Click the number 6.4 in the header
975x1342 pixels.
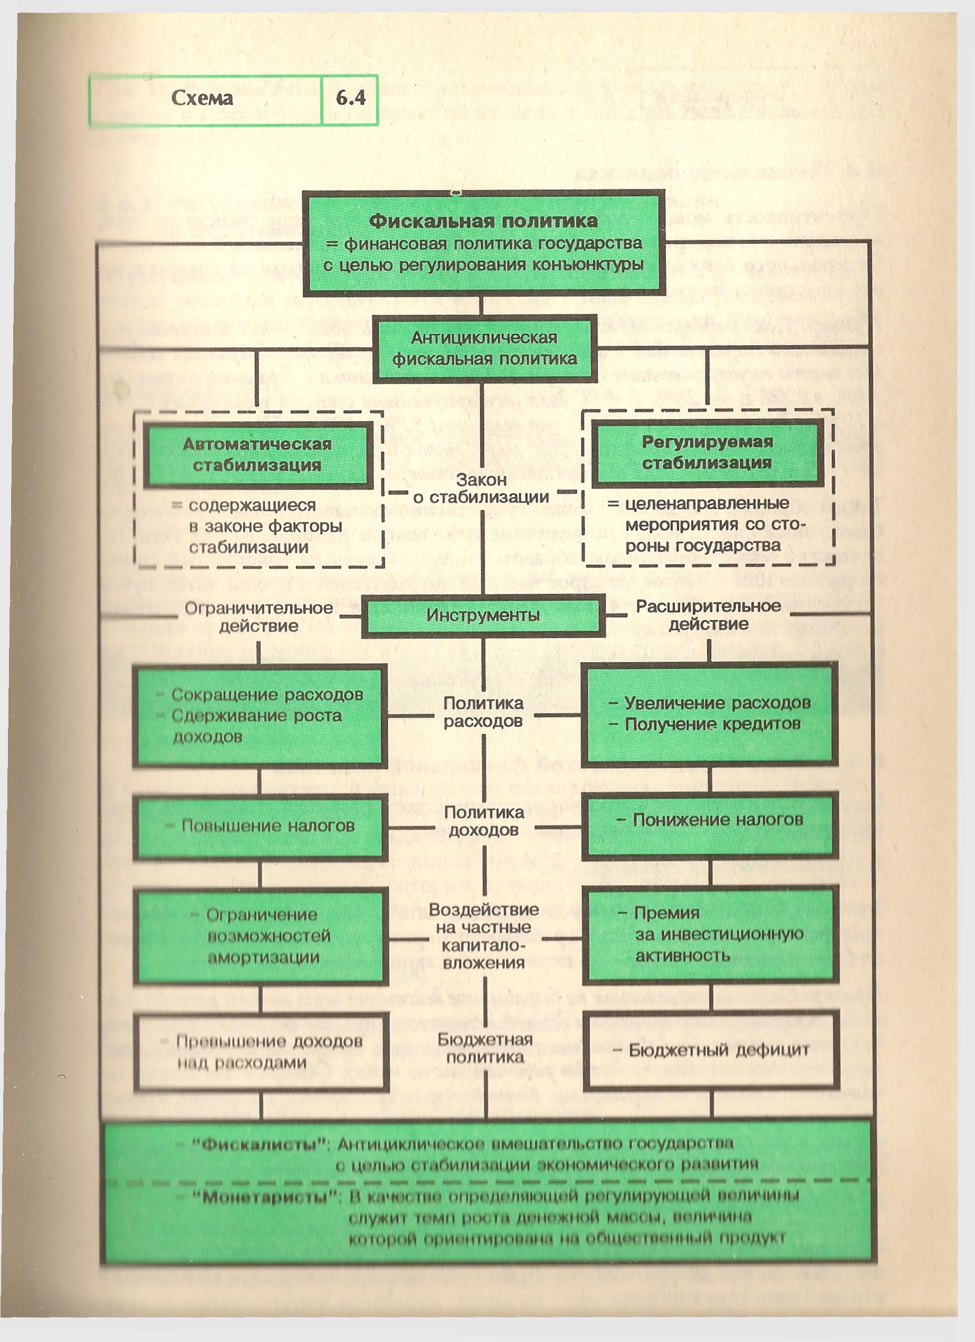[x=351, y=98]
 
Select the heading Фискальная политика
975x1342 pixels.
[x=483, y=222]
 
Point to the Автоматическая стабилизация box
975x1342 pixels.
[x=257, y=454]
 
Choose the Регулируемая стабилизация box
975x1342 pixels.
[x=707, y=452]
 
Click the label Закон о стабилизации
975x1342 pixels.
[x=481, y=489]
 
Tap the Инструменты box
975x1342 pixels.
[x=483, y=615]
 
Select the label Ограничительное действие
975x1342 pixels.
[x=258, y=617]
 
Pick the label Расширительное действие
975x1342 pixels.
[x=708, y=615]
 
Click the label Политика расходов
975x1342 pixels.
[x=484, y=712]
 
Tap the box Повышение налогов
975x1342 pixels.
[x=260, y=826]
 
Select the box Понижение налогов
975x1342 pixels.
[x=709, y=820]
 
